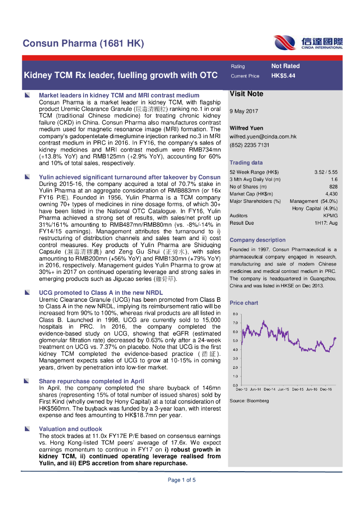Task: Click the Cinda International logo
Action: coord(307,43)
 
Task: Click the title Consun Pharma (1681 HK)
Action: coord(84,44)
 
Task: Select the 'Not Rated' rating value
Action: coord(285,66)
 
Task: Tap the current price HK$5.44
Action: coord(283,76)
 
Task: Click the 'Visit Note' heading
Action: coord(246,93)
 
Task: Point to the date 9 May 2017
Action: coord(244,111)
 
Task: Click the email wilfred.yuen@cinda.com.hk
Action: coord(263,136)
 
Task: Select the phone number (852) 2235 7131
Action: coord(250,145)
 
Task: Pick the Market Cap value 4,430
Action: coord(331,194)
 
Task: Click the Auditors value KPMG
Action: coord(330,216)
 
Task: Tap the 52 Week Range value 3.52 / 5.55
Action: coord(326,172)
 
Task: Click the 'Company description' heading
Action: coord(257,240)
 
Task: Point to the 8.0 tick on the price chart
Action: coord(236,314)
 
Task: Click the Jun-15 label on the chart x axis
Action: coord(284,389)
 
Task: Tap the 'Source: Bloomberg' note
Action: coord(249,401)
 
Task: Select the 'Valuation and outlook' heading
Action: coord(70,428)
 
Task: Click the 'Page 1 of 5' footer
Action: coord(181,480)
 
